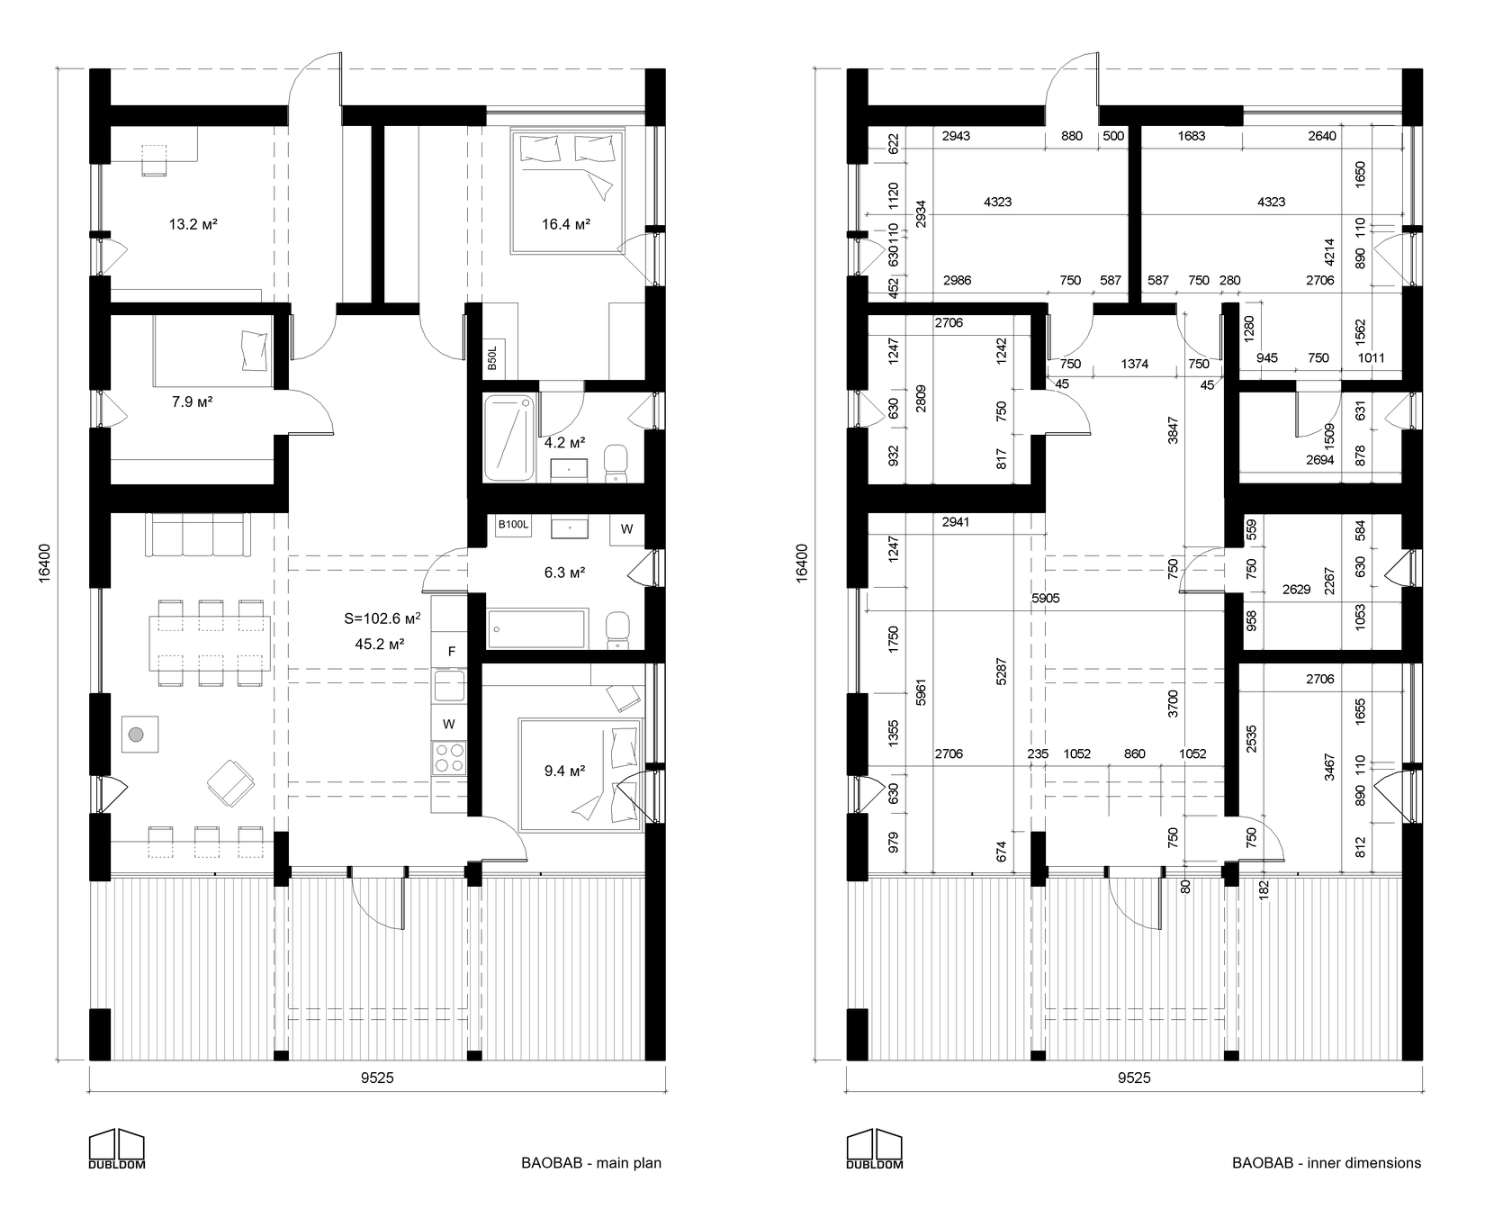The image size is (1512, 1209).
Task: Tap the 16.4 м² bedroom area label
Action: click(566, 223)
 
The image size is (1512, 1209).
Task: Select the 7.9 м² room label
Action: click(192, 401)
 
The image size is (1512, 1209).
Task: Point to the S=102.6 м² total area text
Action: click(382, 618)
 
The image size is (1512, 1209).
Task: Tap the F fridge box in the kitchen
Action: click(452, 651)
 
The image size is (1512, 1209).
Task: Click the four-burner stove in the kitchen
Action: click(449, 757)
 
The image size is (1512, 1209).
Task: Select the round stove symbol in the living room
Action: click(136, 735)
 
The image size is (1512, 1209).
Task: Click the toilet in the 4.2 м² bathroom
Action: click(616, 462)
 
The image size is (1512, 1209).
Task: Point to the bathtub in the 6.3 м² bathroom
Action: click(536, 627)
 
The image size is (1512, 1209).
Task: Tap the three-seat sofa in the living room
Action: click(198, 536)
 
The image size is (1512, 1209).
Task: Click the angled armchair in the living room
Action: click(230, 780)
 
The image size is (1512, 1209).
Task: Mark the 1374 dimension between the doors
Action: click(1135, 364)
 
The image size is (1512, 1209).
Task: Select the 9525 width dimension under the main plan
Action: click(377, 1078)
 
